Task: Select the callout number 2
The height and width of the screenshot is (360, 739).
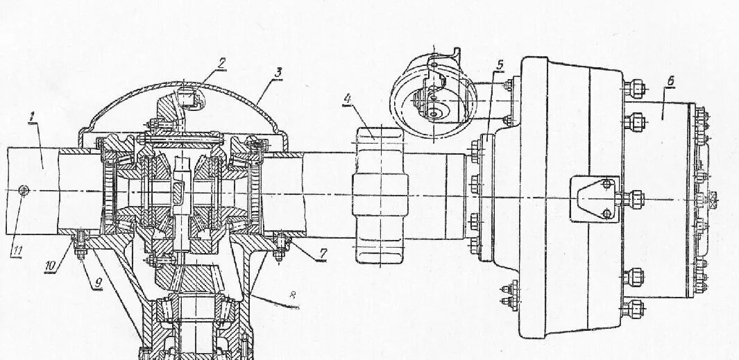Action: pos(221,62)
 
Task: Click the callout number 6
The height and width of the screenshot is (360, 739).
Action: pos(670,81)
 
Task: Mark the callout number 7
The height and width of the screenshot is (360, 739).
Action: pos(321,255)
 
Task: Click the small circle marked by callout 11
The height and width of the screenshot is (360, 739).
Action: pos(24,190)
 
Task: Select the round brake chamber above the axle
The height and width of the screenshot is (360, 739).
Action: pos(432,100)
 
